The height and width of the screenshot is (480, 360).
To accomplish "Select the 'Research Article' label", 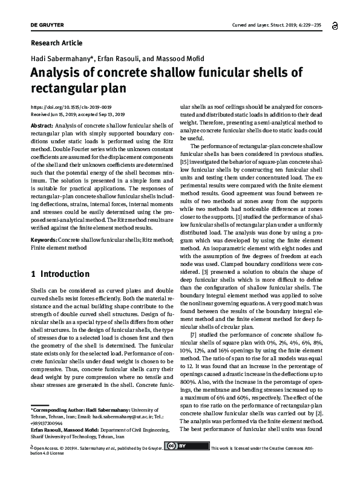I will (x=56, y=44).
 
